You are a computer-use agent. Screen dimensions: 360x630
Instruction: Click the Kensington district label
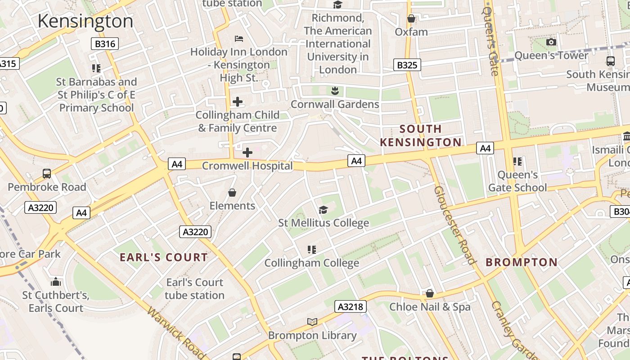[x=85, y=21]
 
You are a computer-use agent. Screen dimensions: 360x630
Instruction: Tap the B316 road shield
[x=105, y=44]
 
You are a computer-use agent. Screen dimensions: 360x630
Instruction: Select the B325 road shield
[x=407, y=65]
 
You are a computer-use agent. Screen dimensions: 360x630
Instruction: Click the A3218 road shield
[x=350, y=307]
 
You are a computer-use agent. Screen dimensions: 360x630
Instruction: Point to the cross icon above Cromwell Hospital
[x=247, y=153]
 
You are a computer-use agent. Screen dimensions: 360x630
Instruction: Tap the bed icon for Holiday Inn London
[x=239, y=39]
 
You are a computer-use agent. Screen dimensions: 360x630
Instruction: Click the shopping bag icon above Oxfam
[x=411, y=18]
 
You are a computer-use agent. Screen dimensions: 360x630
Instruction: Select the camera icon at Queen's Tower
[x=551, y=42]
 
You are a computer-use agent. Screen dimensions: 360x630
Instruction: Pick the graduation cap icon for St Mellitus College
[x=323, y=210]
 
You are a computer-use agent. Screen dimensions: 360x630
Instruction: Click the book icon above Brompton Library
[x=312, y=322]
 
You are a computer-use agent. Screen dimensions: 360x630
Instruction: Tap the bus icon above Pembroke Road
[x=46, y=173]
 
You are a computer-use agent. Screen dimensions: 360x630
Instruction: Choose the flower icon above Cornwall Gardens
[x=334, y=91]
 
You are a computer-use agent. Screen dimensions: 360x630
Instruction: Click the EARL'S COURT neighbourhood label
[x=164, y=257]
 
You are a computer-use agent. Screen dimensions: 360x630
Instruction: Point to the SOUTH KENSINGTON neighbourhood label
[x=421, y=136]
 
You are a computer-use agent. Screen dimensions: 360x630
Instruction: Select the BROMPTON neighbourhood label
[x=522, y=262]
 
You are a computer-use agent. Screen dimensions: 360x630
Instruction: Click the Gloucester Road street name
[x=454, y=225]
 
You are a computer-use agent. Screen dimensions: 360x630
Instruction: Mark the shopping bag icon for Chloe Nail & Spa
[x=430, y=293]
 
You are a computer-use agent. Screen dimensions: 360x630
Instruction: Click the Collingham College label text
[x=311, y=263]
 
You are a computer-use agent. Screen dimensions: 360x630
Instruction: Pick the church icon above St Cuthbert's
[x=56, y=282]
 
